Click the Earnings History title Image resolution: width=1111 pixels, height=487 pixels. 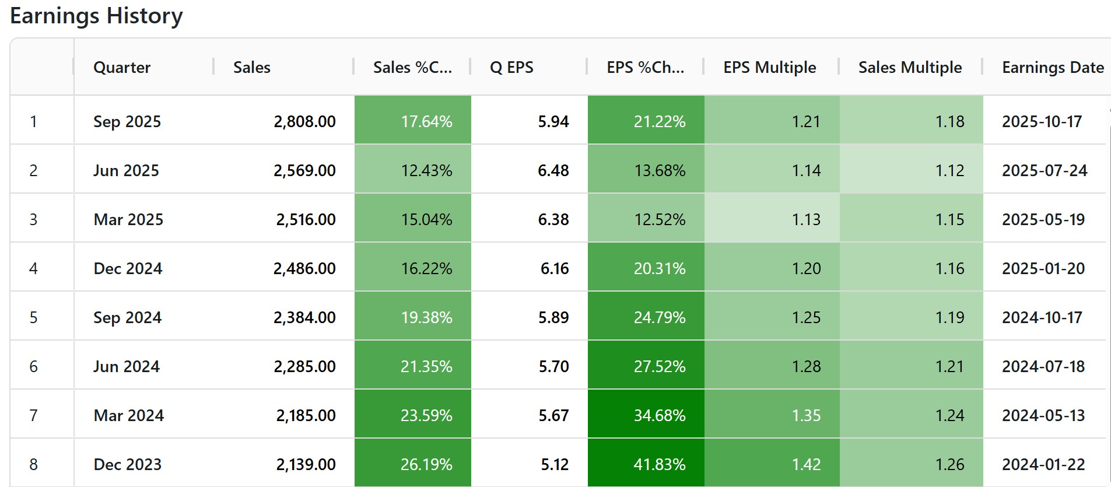pos(96,16)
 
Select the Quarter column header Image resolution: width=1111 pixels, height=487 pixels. pos(122,68)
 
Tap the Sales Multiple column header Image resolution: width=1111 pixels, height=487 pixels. pos(910,68)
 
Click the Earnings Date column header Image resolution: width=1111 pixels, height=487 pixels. pos(1053,68)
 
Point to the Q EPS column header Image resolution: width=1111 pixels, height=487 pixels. pos(511,68)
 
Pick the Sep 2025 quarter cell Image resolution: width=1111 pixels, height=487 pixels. pos(127,121)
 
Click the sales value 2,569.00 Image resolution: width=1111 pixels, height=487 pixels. pos(304,170)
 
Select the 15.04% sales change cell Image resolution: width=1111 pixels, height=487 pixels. pos(426,219)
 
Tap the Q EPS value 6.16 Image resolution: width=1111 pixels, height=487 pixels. pos(554,268)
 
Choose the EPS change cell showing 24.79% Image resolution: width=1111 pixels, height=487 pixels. pos(660,317)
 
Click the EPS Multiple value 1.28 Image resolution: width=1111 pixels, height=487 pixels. pos(806,366)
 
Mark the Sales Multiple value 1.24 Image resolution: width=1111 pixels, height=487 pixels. pos(949,415)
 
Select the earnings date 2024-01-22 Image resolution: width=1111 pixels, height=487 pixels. pos(1043,464)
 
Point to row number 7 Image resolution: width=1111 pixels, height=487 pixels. pos(34,415)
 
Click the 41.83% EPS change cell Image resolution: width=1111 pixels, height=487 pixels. pos(660,464)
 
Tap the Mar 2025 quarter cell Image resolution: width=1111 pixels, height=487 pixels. pos(128,219)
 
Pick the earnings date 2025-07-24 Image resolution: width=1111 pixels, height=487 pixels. pos(1045,170)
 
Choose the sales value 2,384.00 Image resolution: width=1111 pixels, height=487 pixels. pos(304,317)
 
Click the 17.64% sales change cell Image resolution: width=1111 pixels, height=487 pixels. pos(426,121)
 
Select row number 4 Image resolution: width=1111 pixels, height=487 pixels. pos(34,268)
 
